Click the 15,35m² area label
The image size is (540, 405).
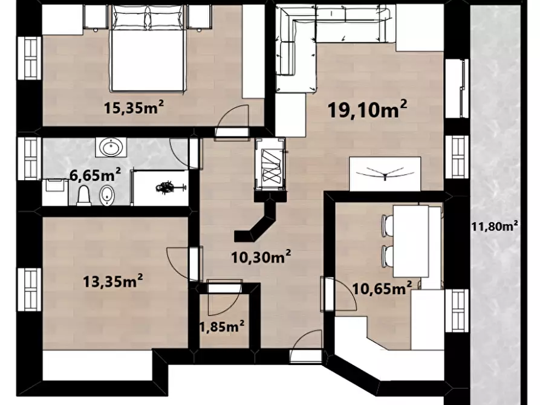click(134, 107)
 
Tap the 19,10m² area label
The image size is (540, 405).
click(368, 109)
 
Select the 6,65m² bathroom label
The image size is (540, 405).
click(96, 174)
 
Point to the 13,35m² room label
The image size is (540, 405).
click(113, 280)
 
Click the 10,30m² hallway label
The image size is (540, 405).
click(261, 256)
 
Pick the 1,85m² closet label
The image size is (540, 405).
click(223, 326)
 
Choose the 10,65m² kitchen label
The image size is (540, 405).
click(382, 288)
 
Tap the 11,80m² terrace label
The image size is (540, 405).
click(495, 226)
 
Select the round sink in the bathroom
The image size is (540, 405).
click(111, 147)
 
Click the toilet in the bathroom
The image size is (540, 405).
click(83, 195)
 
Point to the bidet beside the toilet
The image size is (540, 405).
click(106, 195)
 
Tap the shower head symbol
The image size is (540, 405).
click(169, 188)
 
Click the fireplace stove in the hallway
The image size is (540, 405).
click(270, 164)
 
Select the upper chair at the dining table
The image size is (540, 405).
click(388, 225)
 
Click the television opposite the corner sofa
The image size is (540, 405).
click(385, 174)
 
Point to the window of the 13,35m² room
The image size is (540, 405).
click(30, 290)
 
